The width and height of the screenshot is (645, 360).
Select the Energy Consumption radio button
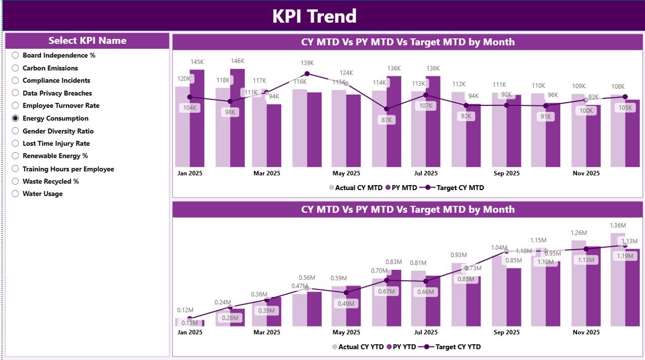coord(15,118)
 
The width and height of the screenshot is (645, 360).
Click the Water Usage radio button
coord(15,194)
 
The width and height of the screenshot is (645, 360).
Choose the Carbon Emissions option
coord(15,68)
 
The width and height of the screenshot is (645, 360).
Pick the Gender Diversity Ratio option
coord(15,131)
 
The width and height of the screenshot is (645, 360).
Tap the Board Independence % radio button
coord(15,55)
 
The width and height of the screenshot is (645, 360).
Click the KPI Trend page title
coord(314,16)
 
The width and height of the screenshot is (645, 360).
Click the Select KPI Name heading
coord(87,41)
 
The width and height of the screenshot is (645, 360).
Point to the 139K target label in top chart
coord(307,63)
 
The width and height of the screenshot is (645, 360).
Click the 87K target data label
coord(386,120)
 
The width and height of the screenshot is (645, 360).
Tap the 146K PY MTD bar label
coord(237,61)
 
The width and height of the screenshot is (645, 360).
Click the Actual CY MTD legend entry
coord(356,188)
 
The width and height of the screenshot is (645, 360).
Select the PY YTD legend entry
coord(402,347)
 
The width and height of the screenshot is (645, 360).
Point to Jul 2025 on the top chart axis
coord(425,173)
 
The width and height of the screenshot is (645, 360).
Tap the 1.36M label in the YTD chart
coord(617,225)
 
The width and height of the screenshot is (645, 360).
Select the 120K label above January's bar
coord(183,79)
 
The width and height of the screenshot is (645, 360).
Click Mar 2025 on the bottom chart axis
coord(267,332)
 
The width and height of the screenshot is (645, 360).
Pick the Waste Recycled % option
coord(15,182)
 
